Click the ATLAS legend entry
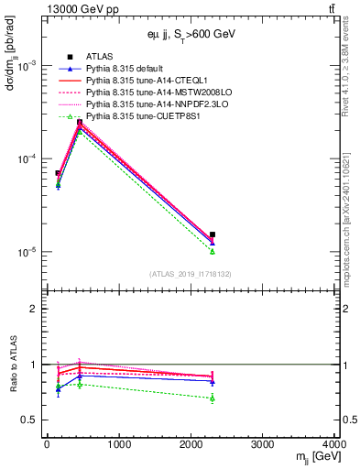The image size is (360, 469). [x=101, y=58]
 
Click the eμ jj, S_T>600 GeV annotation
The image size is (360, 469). [x=193, y=34]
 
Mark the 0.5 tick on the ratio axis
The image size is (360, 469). [x=34, y=420]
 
